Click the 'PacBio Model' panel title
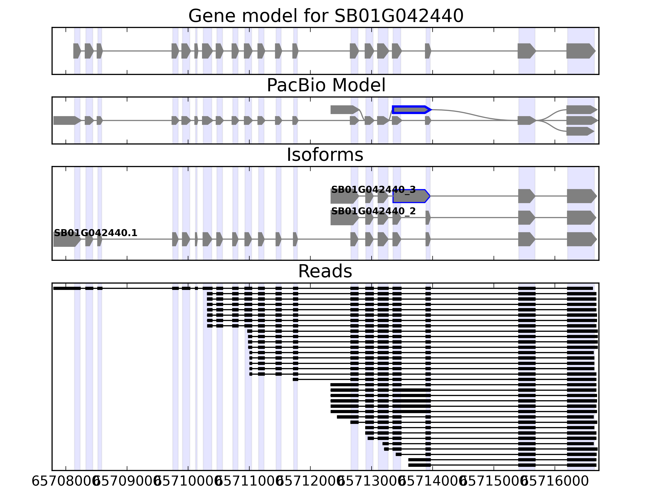click(x=325, y=85)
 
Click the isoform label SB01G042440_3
click(x=373, y=190)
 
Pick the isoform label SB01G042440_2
click(x=373, y=211)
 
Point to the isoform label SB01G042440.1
click(x=95, y=233)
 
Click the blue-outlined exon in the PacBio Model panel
click(x=411, y=110)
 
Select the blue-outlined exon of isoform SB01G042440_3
click(x=411, y=196)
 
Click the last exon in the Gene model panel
click(x=580, y=51)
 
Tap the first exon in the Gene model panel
click(x=76, y=51)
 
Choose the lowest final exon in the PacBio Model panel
click(x=579, y=131)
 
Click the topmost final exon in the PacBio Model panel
click(x=581, y=110)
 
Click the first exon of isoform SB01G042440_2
click(x=344, y=218)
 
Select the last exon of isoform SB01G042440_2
click(x=581, y=218)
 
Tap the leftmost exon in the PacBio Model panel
click(x=66, y=120)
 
